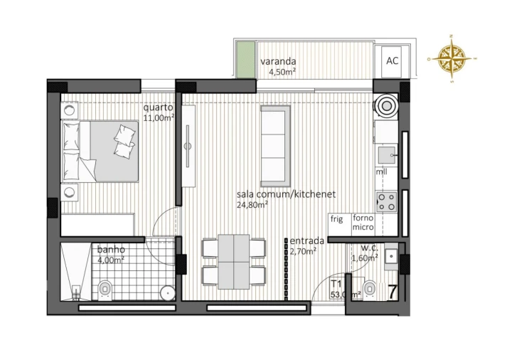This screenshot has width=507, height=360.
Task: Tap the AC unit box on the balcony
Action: [392, 60]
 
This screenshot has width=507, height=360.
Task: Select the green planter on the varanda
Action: [245, 59]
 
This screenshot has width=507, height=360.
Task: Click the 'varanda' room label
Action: [278, 61]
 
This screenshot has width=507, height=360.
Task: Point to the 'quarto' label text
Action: [158, 107]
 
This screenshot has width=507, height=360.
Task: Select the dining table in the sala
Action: [233, 262]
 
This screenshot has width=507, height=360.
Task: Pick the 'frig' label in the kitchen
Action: [337, 219]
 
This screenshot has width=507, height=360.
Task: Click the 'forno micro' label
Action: [363, 223]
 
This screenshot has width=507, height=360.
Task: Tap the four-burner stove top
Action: [386, 201]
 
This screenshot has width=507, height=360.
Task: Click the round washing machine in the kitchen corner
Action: [386, 106]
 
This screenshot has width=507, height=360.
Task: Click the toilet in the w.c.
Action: [369, 288]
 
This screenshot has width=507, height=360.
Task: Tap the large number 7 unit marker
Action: [392, 291]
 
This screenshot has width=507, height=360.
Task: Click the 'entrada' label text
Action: [307, 240]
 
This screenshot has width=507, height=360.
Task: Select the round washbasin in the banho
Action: [167, 291]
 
